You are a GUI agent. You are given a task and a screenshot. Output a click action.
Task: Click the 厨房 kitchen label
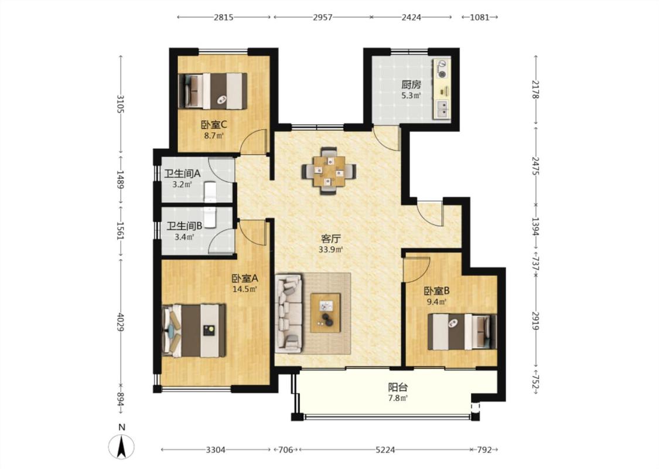[x=411, y=84]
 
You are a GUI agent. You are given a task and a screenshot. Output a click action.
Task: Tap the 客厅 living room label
[x=331, y=239]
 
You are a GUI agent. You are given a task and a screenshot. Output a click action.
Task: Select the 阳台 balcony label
[x=398, y=388]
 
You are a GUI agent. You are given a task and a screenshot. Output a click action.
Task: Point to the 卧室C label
[x=214, y=125]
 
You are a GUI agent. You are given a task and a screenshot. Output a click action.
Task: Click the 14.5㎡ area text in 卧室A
[x=245, y=289]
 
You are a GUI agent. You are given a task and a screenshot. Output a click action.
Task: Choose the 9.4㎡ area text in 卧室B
[x=436, y=301]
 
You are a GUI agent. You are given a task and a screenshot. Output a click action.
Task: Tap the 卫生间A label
[x=182, y=174]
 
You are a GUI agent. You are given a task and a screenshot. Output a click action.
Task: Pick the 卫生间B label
[x=184, y=226]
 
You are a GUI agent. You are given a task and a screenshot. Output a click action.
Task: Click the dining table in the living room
[x=329, y=171]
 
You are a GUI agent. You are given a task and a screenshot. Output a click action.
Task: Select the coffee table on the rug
[x=325, y=312]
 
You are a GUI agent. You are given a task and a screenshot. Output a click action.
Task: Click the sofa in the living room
[x=289, y=314]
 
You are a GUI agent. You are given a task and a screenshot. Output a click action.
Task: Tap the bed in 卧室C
[x=213, y=91]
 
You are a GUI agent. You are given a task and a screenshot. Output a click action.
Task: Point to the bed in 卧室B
[x=462, y=332]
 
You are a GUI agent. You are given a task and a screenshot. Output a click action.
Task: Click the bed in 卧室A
[x=194, y=331]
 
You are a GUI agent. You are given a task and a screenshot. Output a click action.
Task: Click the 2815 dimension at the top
[x=224, y=17]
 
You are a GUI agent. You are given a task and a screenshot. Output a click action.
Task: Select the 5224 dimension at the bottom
[x=385, y=450]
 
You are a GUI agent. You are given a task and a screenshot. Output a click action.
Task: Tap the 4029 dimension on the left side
[x=121, y=322]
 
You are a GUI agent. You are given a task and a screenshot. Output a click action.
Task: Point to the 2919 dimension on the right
[x=535, y=321]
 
